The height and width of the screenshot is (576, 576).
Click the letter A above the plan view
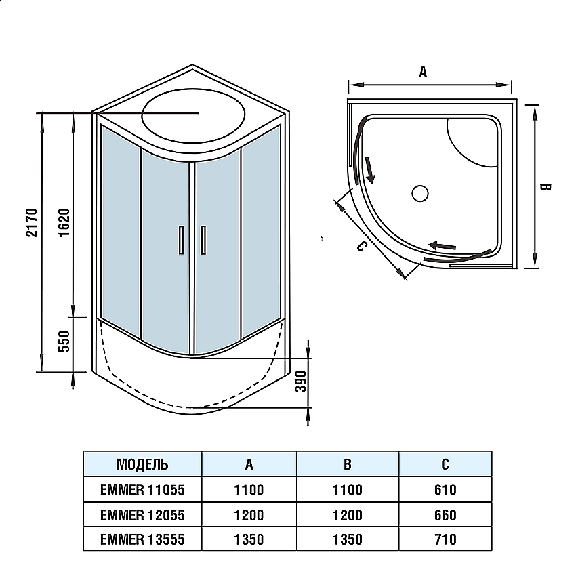click(423, 73)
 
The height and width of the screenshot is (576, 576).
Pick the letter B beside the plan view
click(546, 187)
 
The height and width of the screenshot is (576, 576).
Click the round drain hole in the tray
click(420, 193)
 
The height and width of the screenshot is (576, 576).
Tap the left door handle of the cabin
click(181, 241)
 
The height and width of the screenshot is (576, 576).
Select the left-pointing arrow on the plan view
click(441, 245)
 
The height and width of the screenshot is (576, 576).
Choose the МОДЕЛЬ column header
click(142, 465)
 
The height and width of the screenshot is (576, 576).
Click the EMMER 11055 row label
click(142, 489)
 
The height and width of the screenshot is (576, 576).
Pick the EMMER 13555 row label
click(142, 539)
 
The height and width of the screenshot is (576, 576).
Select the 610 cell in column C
click(445, 489)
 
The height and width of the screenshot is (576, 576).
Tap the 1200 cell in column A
click(249, 515)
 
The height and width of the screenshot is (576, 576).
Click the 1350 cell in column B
click(347, 539)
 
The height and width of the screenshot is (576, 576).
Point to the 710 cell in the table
click(445, 539)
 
